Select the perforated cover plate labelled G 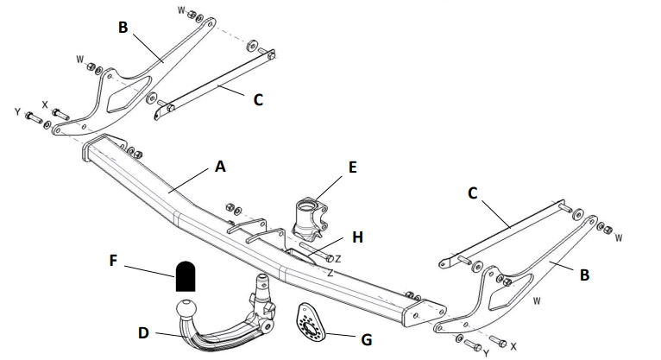point(310,325)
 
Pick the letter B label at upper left point(123,27)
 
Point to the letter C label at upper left point(257,99)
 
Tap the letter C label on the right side point(472,193)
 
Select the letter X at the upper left point(45,104)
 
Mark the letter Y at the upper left point(16,111)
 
